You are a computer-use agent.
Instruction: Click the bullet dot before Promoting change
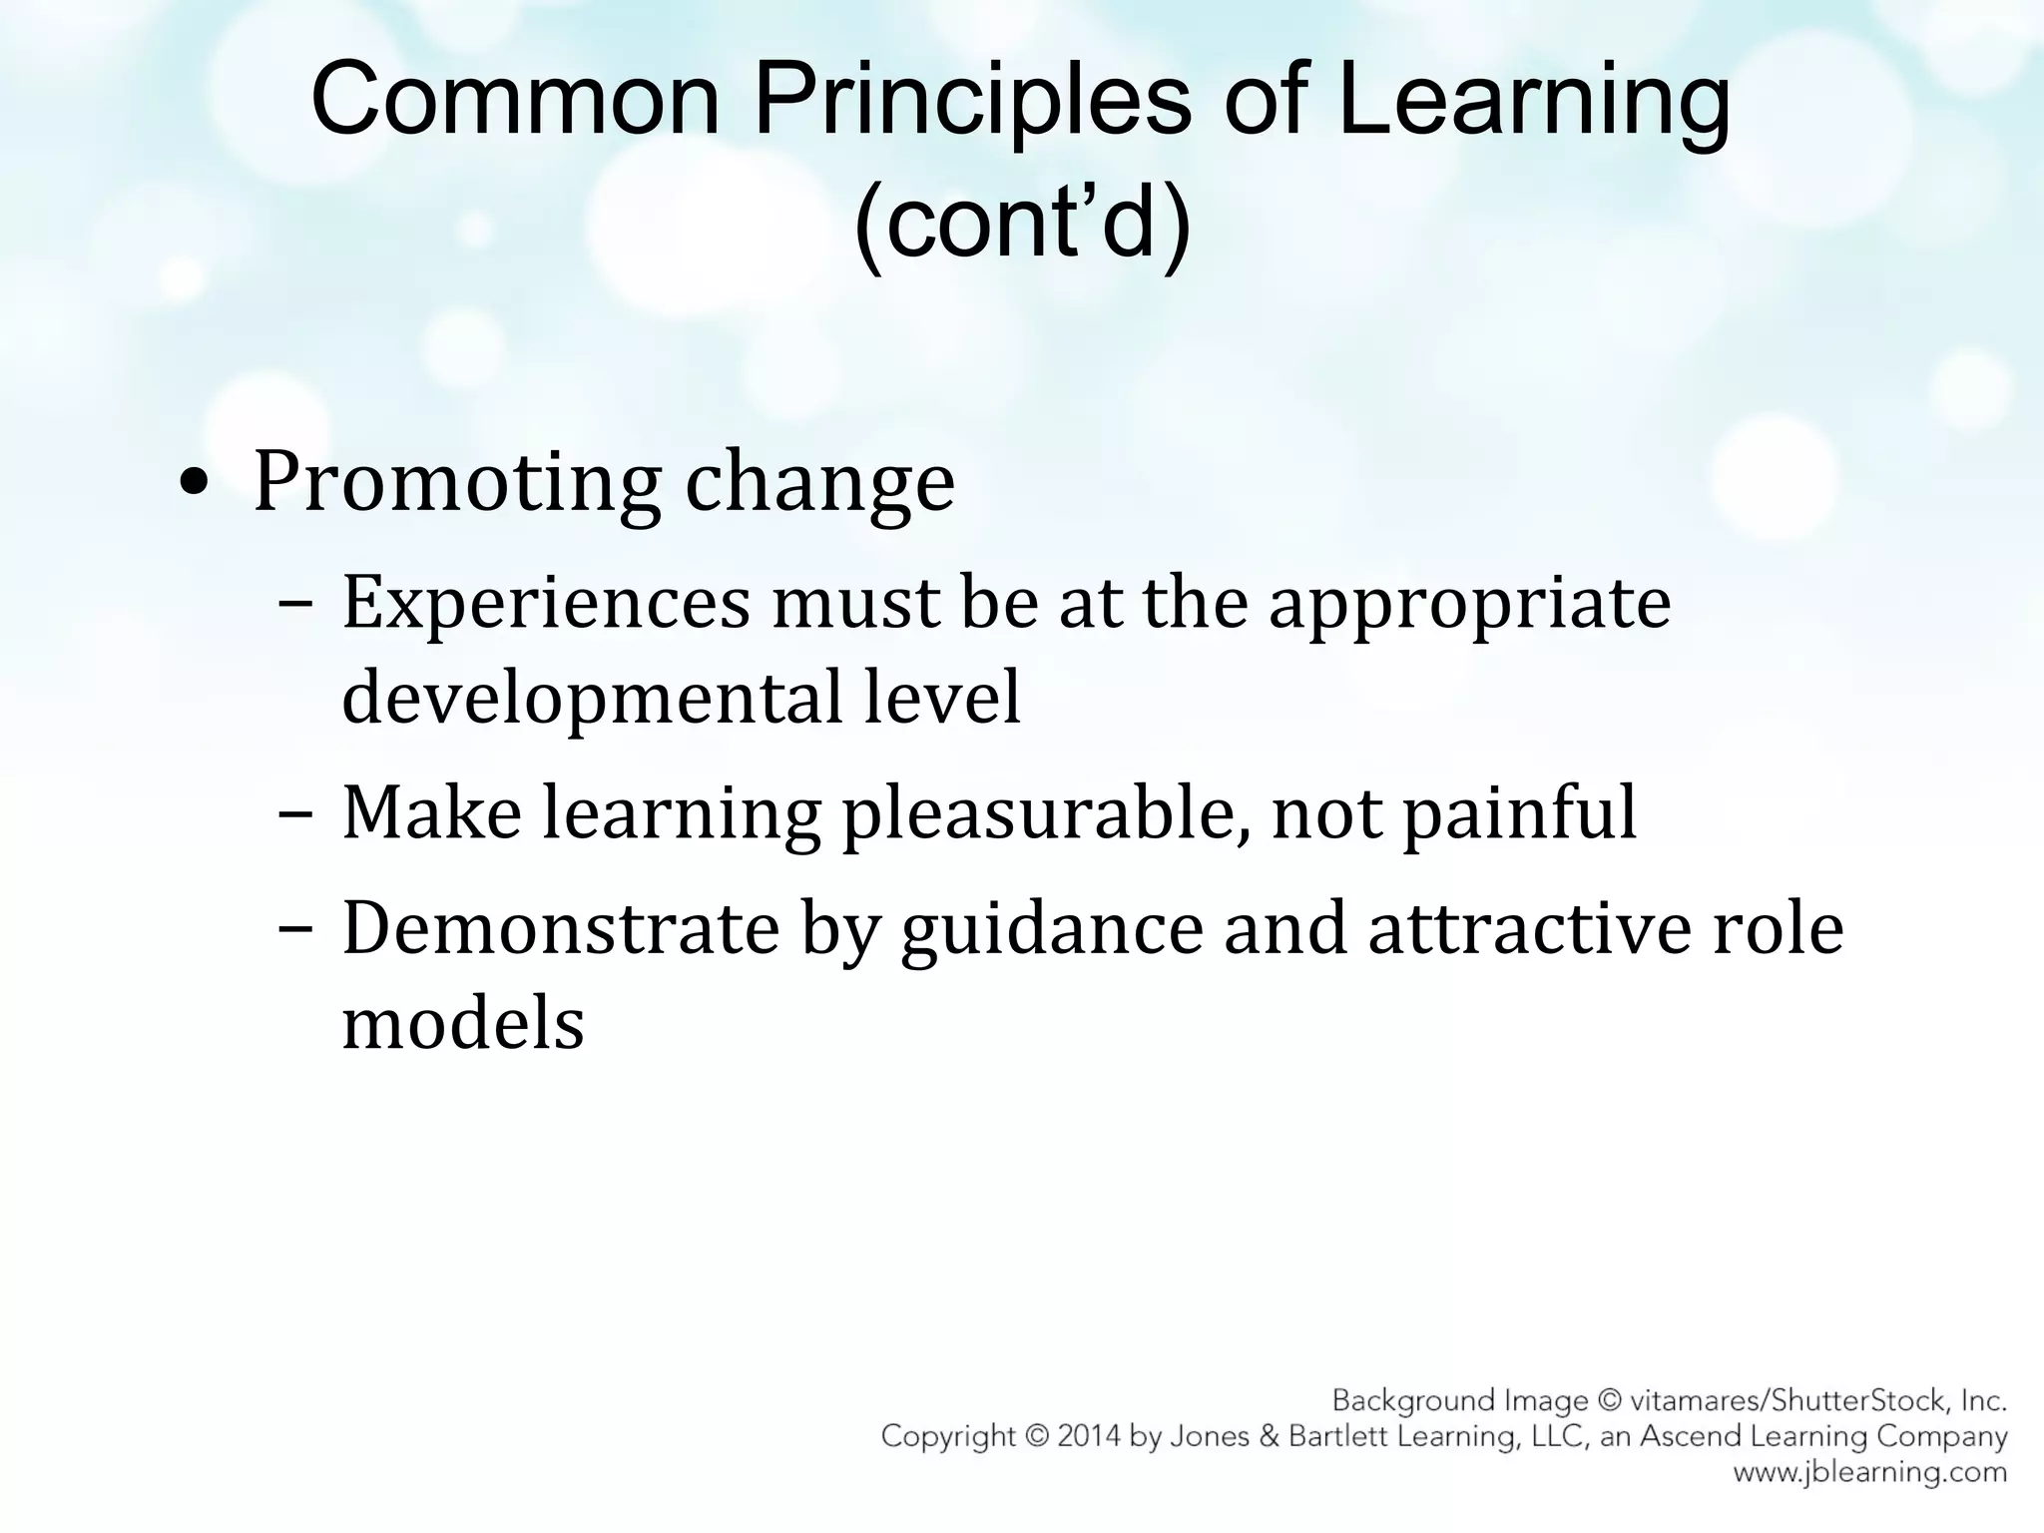click(x=193, y=485)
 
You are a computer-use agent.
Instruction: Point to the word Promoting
click(x=457, y=484)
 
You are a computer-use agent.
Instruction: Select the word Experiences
click(x=545, y=604)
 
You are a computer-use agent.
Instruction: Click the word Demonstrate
click(x=560, y=929)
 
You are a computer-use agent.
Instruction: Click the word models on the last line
click(x=463, y=1024)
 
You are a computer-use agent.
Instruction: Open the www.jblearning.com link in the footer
click(x=1869, y=1472)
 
